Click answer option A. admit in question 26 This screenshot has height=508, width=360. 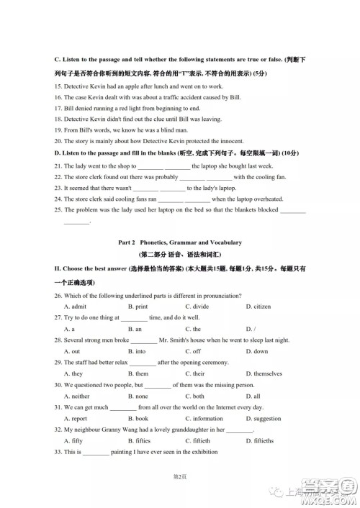75,307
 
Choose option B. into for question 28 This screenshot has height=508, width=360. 137,351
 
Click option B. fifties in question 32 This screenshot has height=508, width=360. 139,440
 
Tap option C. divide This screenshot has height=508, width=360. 197,307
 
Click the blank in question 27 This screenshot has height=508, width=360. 134,318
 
